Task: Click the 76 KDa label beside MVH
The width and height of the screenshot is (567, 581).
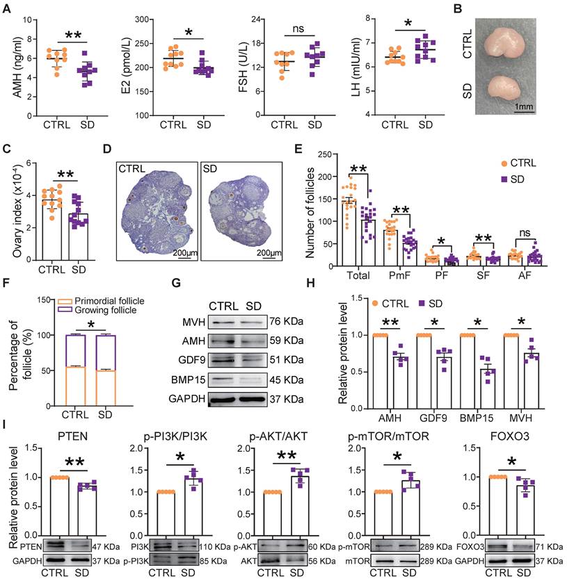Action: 284,322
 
